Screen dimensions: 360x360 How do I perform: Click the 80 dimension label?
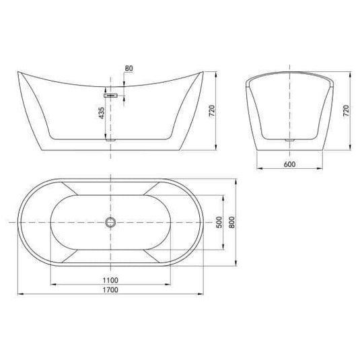(129, 67)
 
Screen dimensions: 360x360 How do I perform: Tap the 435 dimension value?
(102, 112)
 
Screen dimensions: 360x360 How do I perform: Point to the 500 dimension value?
(218, 222)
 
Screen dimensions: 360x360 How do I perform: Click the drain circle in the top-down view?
(111, 222)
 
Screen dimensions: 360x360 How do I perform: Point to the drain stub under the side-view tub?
(112, 141)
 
